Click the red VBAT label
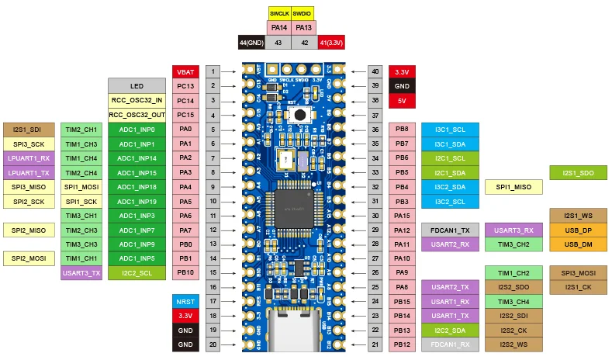(185, 71)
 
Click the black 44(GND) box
(251, 43)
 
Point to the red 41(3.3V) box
(332, 43)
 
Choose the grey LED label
(137, 85)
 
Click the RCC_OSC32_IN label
(137, 100)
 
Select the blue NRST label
(185, 301)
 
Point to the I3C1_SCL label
(449, 129)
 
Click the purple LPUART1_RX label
(28, 157)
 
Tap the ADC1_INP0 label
(137, 129)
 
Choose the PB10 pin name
(185, 272)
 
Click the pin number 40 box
(375, 71)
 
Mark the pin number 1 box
(212, 71)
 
